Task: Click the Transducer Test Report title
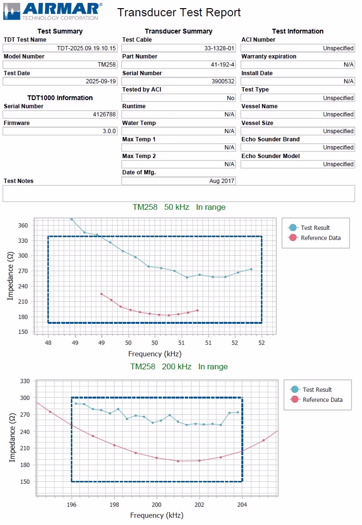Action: coord(179,12)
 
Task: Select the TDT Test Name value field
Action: coord(60,48)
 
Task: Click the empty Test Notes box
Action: coord(179,194)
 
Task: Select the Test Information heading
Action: coord(297,31)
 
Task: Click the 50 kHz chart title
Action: coord(179,207)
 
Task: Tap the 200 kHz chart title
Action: coord(179,367)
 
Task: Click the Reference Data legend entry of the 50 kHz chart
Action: coord(320,238)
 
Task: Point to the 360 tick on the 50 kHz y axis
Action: coord(23,225)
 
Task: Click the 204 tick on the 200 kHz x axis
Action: coord(242,504)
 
